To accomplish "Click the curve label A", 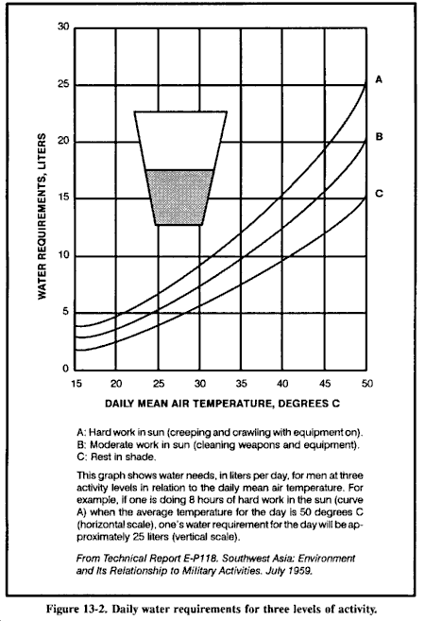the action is (x=379, y=79).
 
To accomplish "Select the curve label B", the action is (x=379, y=137).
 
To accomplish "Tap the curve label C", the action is (x=379, y=193).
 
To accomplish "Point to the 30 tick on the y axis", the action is (x=63, y=26).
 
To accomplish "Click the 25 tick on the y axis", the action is (x=63, y=84).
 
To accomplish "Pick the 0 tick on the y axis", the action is (x=66, y=370).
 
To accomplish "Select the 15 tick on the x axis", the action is (x=76, y=384).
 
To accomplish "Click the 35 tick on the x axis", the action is (x=242, y=384).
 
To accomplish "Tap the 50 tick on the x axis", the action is (x=366, y=384).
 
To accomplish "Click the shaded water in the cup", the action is (x=180, y=197).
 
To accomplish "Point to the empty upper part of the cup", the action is (x=180, y=140).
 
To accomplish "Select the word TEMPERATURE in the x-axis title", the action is (x=230, y=404).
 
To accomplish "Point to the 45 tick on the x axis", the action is (x=325, y=384).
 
